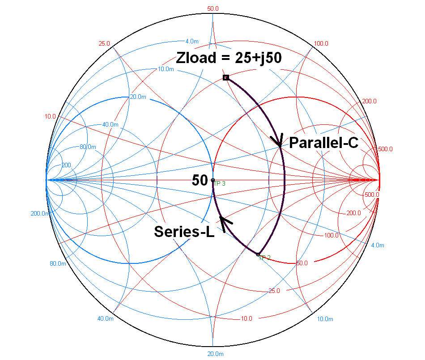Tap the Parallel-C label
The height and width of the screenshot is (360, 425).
click(x=324, y=143)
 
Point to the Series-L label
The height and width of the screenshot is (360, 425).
click(x=184, y=231)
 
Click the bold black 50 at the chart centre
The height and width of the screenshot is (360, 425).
click(x=200, y=181)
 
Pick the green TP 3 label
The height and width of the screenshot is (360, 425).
click(x=219, y=184)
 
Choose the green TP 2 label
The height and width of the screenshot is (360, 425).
click(x=265, y=258)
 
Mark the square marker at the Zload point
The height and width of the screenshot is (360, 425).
click(x=226, y=77)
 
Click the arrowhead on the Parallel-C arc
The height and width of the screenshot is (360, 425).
click(x=278, y=140)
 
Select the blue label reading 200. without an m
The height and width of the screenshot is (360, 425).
click(x=66, y=165)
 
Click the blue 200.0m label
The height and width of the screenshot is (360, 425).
click(x=40, y=213)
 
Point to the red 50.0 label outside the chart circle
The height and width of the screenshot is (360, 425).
click(x=213, y=8)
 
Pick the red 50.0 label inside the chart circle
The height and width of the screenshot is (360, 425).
click(x=302, y=263)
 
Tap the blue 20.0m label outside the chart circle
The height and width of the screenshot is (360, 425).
click(x=215, y=354)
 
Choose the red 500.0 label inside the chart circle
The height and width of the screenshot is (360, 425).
click(x=372, y=195)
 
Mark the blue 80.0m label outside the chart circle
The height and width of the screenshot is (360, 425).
click(x=58, y=263)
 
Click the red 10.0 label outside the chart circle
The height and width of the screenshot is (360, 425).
click(x=50, y=116)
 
